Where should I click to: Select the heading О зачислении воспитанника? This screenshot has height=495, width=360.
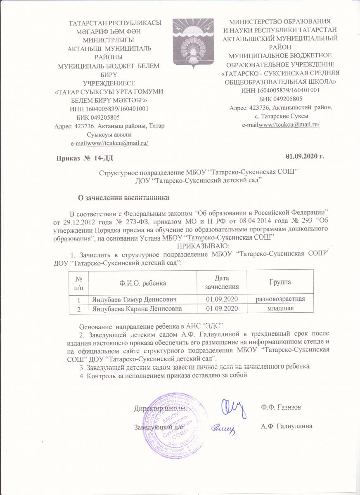[124, 197]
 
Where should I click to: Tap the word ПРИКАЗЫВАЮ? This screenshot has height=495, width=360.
[199, 246]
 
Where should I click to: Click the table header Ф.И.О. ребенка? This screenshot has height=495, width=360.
[143, 283]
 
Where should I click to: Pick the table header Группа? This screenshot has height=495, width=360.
[280, 283]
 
